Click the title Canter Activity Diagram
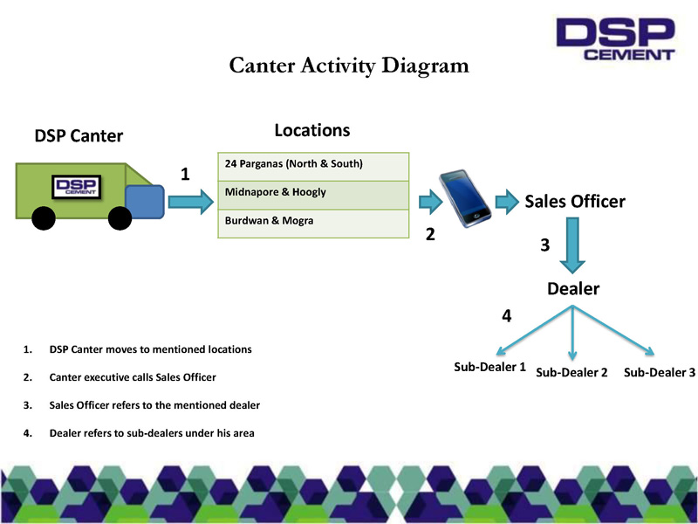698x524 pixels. [x=348, y=66]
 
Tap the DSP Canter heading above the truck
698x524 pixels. [x=79, y=136]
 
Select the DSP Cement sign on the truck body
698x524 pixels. [x=77, y=188]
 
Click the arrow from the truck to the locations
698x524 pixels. [x=189, y=202]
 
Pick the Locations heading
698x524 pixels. [x=311, y=130]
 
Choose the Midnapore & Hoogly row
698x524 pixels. [x=312, y=194]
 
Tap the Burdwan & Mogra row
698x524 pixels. [x=312, y=223]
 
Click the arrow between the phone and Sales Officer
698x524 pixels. [x=508, y=203]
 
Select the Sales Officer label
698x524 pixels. [x=574, y=202]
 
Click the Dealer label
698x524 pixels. [x=573, y=289]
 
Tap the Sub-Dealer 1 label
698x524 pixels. [x=489, y=367]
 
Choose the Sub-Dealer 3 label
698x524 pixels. [x=660, y=373]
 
